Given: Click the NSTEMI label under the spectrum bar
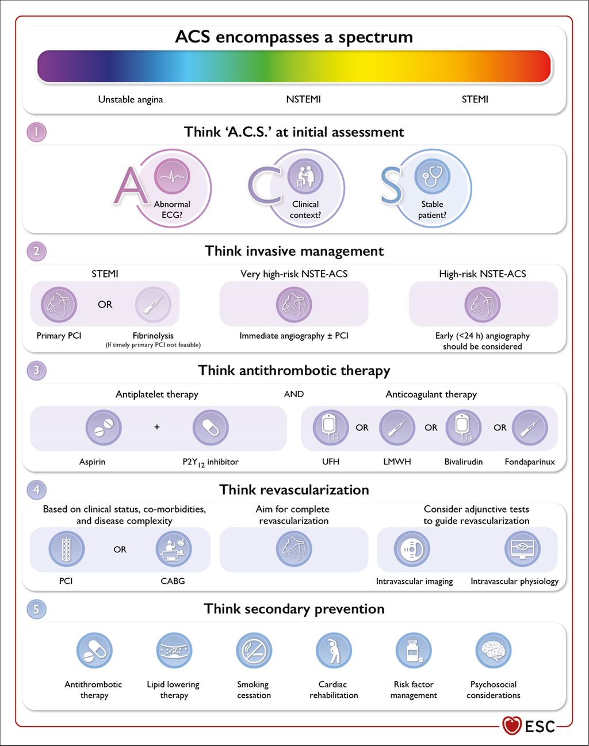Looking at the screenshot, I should pyautogui.click(x=303, y=99).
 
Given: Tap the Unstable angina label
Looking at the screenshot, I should pyautogui.click(x=131, y=99).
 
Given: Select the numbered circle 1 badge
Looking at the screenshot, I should pyautogui.click(x=36, y=132).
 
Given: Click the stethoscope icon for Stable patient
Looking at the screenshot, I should pyautogui.click(x=432, y=176).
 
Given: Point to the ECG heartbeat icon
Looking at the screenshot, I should pyautogui.click(x=171, y=176).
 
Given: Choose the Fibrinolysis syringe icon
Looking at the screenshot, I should pyautogui.click(x=153, y=304).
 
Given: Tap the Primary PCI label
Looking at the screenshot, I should pyautogui.click(x=59, y=336).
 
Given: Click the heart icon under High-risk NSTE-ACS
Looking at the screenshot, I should pyautogui.click(x=482, y=304).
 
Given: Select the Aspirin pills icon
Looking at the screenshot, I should pyautogui.click(x=103, y=428).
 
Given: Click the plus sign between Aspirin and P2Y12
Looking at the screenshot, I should pyautogui.click(x=156, y=427).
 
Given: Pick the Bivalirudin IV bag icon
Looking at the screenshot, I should pyautogui.click(x=463, y=428).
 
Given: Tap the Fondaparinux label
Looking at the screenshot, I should pyautogui.click(x=530, y=462).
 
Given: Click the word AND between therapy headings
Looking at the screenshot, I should pyautogui.click(x=294, y=394).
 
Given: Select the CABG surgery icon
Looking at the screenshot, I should pyautogui.click(x=173, y=549).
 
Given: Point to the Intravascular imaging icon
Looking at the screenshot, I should pyautogui.click(x=411, y=549).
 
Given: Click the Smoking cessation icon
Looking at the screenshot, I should pyautogui.click(x=254, y=651).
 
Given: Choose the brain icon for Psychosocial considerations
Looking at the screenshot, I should pyautogui.click(x=494, y=651).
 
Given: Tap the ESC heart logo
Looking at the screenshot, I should pyautogui.click(x=511, y=725).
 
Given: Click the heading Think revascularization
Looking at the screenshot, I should pyautogui.click(x=294, y=490).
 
